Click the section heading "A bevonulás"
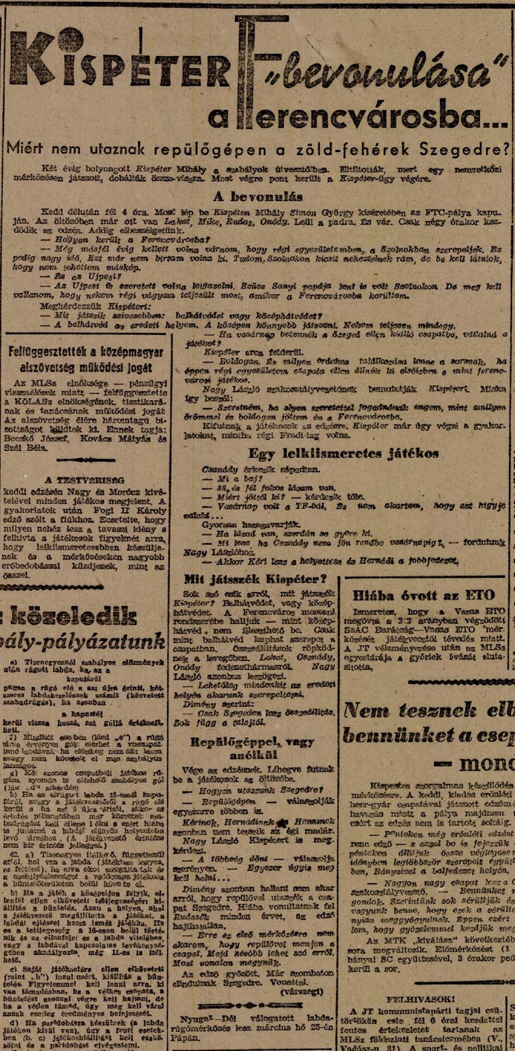click(x=258, y=197)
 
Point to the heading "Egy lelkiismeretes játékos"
click(x=344, y=453)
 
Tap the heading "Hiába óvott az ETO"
click(x=424, y=596)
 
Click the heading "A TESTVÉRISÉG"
click(x=84, y=481)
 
